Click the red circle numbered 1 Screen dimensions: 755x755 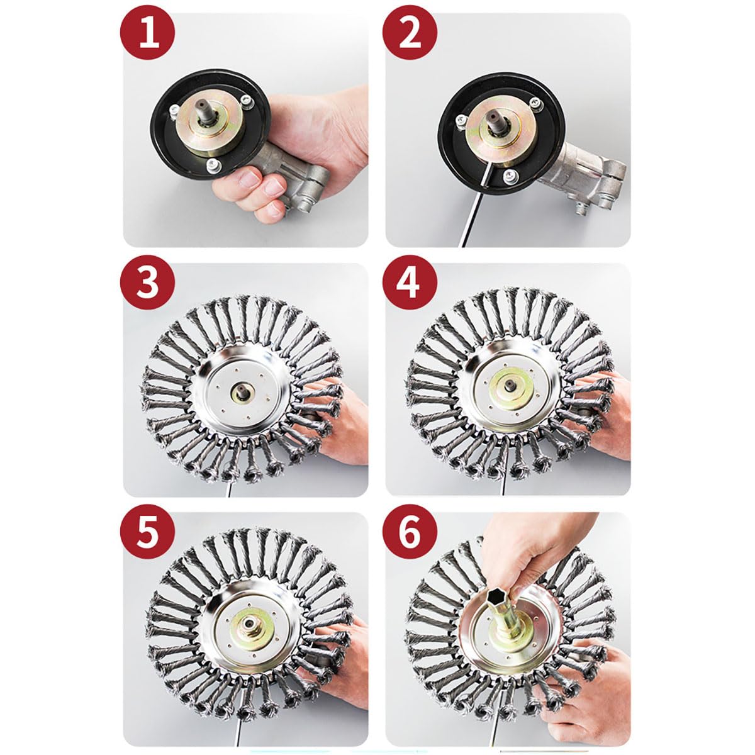click(x=147, y=33)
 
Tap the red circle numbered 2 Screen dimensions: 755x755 click(x=410, y=33)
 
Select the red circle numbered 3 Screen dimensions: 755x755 click(x=147, y=282)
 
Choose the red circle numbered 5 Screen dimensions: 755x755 click(x=147, y=532)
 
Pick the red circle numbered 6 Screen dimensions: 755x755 click(x=410, y=532)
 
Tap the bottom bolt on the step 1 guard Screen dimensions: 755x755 click(x=212, y=164)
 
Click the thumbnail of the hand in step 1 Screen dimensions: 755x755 click(x=249, y=179)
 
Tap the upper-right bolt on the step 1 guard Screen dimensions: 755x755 click(x=247, y=100)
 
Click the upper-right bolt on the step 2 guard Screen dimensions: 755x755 click(x=535, y=103)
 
